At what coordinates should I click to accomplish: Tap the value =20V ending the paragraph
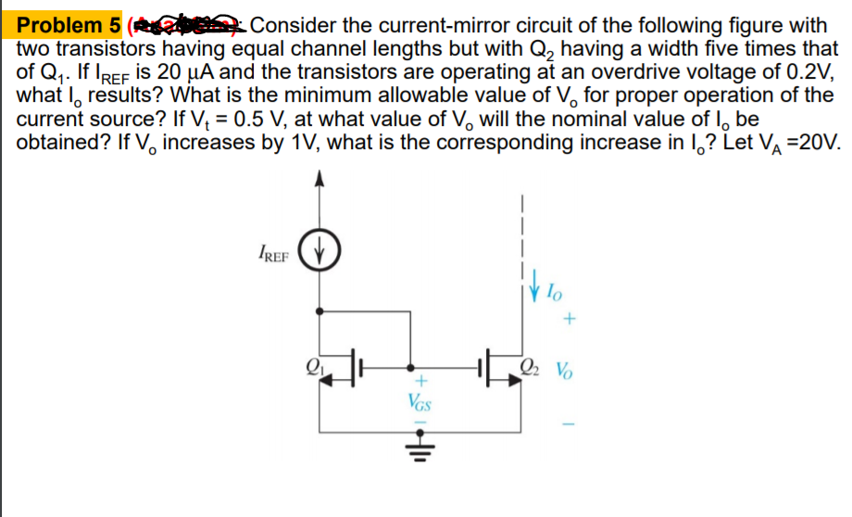[810, 144]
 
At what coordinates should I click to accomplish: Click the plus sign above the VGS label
[418, 380]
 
